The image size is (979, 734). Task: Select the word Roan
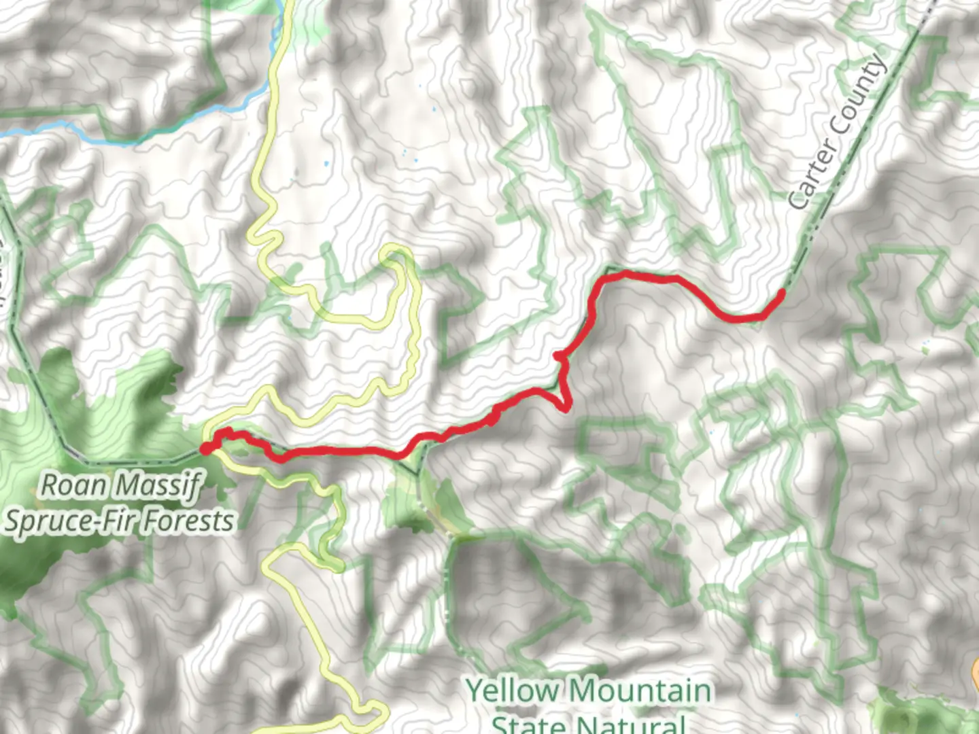coord(74,485)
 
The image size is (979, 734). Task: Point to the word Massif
coord(158,485)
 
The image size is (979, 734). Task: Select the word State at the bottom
coord(527,723)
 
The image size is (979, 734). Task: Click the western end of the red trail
coord(205,448)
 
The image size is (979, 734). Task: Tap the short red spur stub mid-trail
coord(558,355)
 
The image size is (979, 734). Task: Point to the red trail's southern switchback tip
coord(566,407)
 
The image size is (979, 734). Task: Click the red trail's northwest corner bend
coord(607,275)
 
